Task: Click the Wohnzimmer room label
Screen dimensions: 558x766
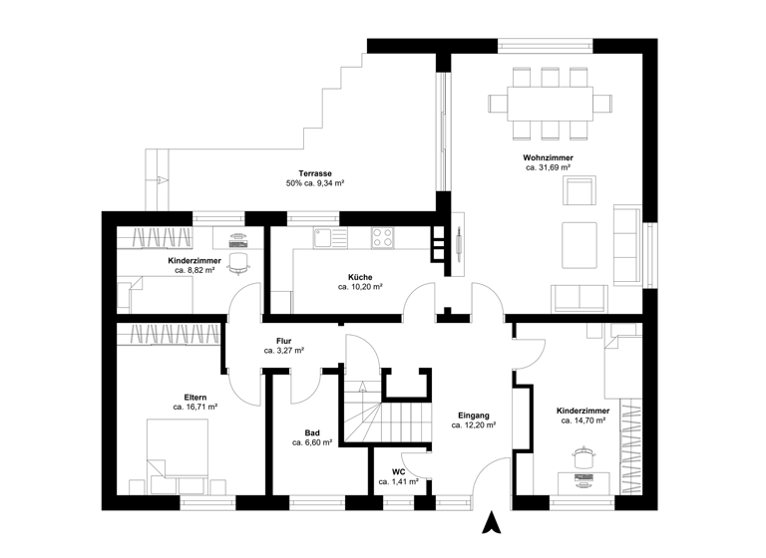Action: click(x=548, y=157)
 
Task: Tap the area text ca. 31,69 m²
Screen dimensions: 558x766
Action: click(x=548, y=168)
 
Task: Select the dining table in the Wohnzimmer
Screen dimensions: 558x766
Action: click(x=550, y=103)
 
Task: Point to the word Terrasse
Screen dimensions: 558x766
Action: click(x=314, y=172)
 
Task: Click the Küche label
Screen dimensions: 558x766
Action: click(x=360, y=276)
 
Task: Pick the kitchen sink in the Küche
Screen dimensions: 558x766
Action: click(x=325, y=237)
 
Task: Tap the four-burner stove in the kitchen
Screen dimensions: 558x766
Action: click(x=382, y=237)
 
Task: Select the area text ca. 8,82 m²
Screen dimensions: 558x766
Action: click(x=194, y=270)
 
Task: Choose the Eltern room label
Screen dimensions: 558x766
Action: click(x=194, y=397)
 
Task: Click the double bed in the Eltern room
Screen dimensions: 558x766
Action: click(x=177, y=454)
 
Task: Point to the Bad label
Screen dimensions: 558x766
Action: click(x=312, y=432)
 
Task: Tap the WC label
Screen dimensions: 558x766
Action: click(x=398, y=471)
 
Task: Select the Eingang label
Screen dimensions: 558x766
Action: click(x=474, y=415)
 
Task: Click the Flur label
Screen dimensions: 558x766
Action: click(x=283, y=341)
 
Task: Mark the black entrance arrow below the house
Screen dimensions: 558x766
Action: click(x=490, y=522)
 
